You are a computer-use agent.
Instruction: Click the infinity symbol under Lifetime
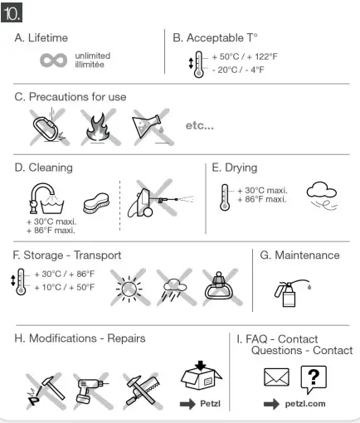click(x=54, y=60)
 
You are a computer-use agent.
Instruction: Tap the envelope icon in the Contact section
click(x=277, y=378)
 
